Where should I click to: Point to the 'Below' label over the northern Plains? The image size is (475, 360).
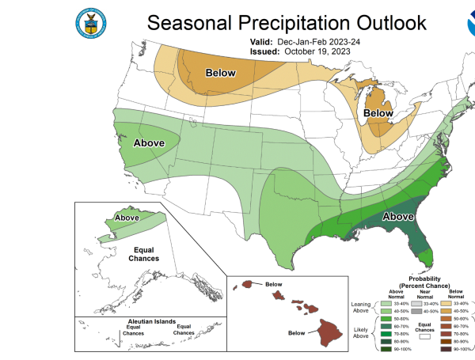click(221, 74)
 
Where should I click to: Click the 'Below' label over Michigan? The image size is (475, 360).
click(378, 114)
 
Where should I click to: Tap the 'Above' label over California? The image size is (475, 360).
click(148, 143)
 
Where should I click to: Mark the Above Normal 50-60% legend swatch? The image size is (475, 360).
click(384, 317)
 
